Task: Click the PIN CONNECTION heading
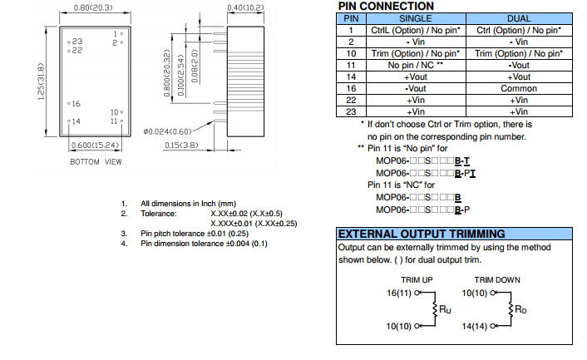pos(386,7)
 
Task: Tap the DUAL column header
pos(518,18)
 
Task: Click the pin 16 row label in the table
pos(351,88)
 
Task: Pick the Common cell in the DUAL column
pos(519,88)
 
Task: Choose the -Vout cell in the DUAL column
pos(519,65)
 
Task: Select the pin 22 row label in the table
pos(351,100)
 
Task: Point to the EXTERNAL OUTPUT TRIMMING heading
pos(421,234)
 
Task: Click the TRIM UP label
pos(417,280)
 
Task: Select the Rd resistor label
pos(521,309)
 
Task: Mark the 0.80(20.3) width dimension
pos(93,8)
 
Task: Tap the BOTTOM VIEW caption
pos(96,161)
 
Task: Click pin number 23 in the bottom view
pos(77,41)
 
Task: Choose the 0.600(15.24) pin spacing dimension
pos(93,145)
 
